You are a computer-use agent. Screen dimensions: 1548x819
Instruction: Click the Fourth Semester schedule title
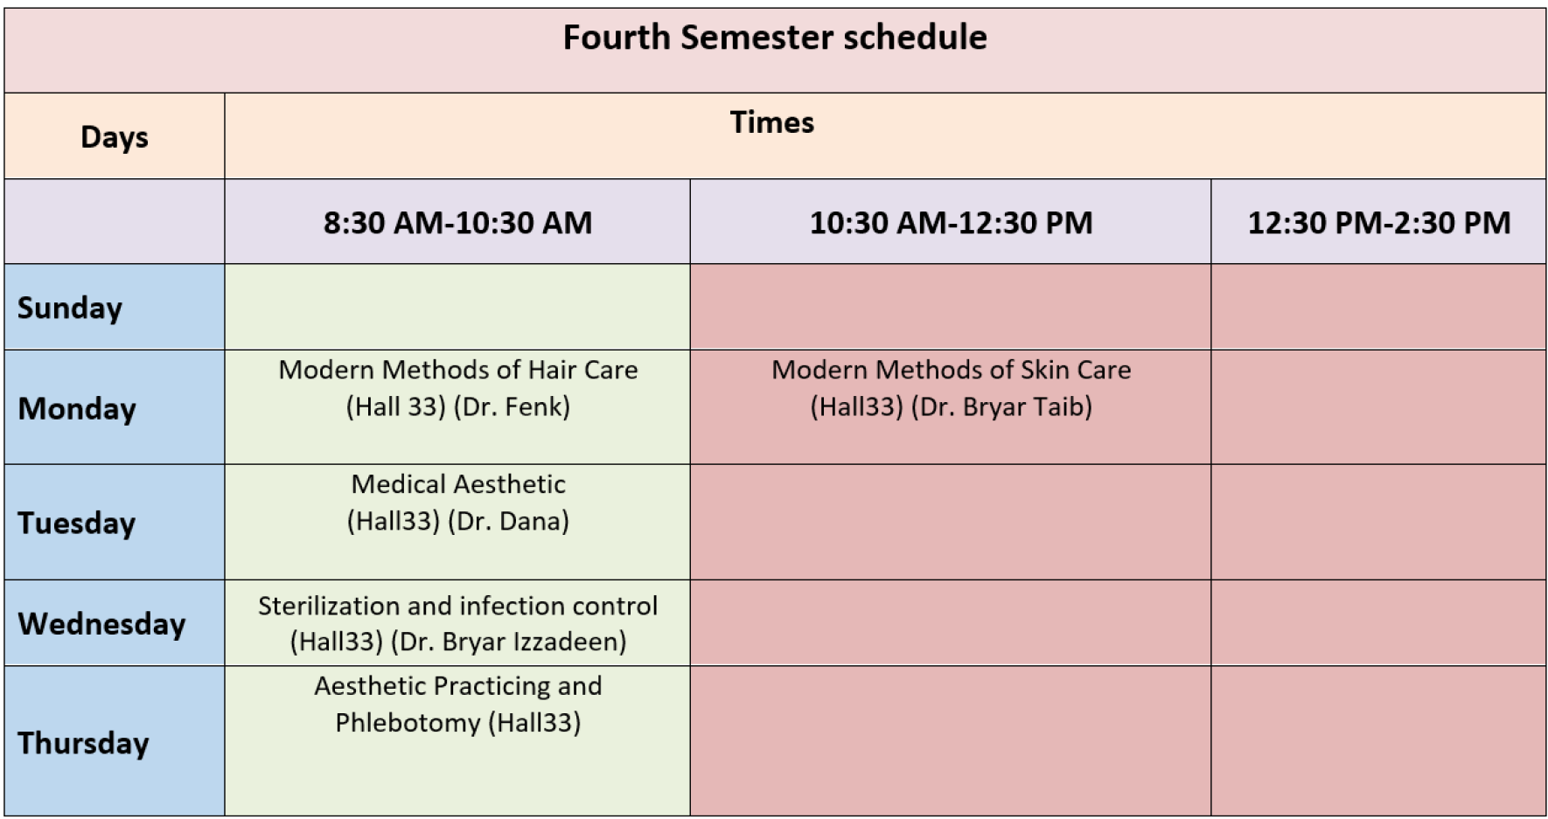point(775,38)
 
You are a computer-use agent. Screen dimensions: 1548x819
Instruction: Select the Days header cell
point(115,137)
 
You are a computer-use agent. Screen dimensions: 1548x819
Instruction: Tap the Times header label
point(772,122)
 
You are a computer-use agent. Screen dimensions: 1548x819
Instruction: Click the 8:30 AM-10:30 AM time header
point(457,223)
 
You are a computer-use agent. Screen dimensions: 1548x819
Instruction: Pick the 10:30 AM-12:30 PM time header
point(951,223)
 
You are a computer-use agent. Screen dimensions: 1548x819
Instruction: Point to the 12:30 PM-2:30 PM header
point(1378,223)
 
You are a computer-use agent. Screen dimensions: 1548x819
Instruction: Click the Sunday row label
point(70,308)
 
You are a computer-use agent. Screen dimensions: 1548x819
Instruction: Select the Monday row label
point(77,409)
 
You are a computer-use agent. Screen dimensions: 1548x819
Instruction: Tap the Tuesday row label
point(77,523)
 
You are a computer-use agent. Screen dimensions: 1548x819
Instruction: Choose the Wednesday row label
point(101,623)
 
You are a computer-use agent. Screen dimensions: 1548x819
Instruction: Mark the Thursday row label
point(83,743)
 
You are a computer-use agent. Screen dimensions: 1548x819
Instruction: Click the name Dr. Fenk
point(512,406)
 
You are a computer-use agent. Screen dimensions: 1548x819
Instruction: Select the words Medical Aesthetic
point(458,484)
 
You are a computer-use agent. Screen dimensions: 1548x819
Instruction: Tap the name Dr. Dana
point(508,521)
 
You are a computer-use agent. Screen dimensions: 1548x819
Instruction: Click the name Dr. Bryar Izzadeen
point(508,642)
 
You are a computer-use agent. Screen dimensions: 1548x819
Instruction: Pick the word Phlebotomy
point(408,723)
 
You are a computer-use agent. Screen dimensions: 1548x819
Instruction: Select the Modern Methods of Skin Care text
point(951,370)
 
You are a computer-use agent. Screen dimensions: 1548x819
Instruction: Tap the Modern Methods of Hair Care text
point(458,370)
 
